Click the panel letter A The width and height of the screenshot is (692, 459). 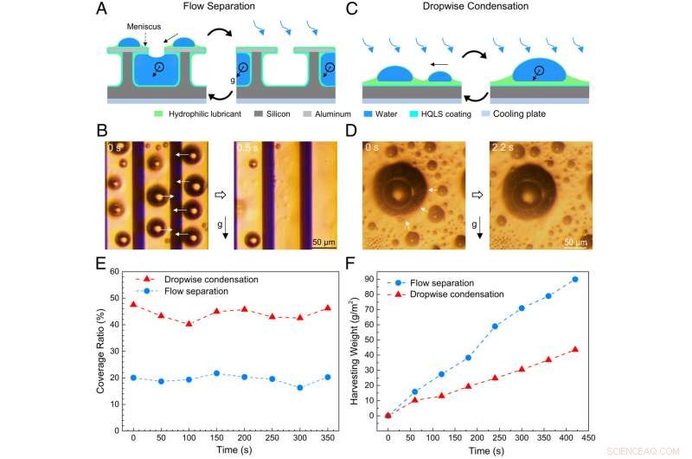click(102, 10)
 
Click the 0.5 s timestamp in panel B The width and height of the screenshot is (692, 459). click(249, 148)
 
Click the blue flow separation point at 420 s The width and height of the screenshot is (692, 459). click(574, 279)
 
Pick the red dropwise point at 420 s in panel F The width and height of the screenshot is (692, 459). click(574, 350)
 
